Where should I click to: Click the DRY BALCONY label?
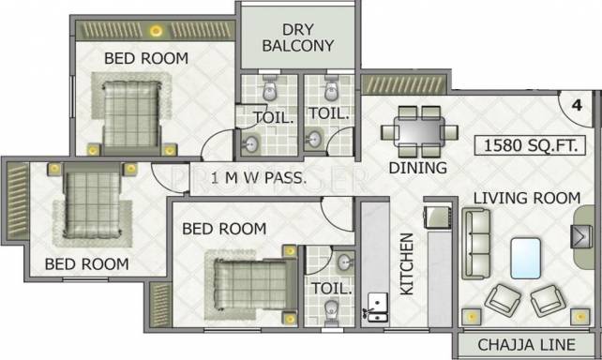pos(298,37)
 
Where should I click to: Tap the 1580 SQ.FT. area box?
pos(530,145)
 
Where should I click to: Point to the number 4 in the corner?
pos(577,105)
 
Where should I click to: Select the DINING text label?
pos(417,168)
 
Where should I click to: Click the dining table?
pos(419,132)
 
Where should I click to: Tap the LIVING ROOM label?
pos(527,198)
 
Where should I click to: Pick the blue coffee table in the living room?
pos(526,258)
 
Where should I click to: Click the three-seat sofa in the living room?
pos(476,244)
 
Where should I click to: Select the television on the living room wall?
pos(579,236)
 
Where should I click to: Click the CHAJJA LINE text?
pos(526,345)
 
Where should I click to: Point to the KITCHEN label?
pos(407,263)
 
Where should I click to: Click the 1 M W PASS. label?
pos(259,178)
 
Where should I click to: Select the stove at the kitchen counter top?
pos(437,217)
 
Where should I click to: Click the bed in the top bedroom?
pos(131,114)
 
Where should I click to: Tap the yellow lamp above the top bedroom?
pos(156,31)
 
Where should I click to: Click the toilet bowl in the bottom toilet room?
pos(331,309)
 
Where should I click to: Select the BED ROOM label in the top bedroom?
pos(146,58)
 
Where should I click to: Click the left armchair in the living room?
pos(503,300)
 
